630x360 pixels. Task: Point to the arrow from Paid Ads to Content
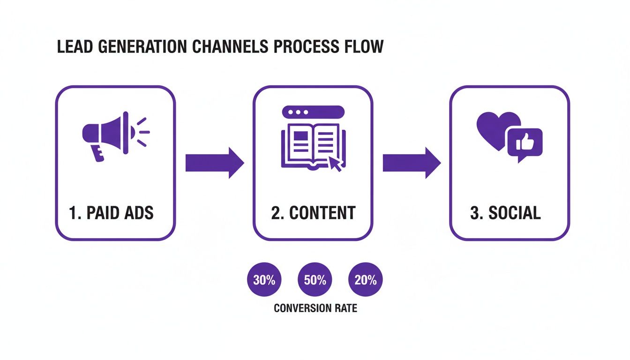tap(215, 163)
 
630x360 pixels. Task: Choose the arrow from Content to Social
tap(412, 163)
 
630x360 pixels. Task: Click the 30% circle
tap(264, 280)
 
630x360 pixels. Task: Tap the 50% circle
tap(315, 280)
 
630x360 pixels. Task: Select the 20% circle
tap(366, 280)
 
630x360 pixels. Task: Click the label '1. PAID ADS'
tap(111, 213)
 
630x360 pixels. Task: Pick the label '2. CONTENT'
tap(313, 213)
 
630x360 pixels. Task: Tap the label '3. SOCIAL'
tap(505, 213)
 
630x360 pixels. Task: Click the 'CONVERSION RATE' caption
tap(315, 308)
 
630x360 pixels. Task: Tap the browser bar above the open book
tap(313, 112)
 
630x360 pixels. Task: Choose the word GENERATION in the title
tap(141, 47)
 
